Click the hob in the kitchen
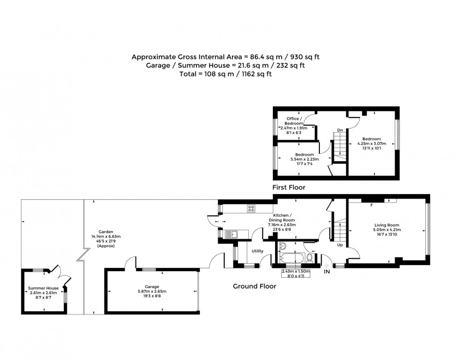pos(251,209)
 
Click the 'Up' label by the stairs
pos(339,245)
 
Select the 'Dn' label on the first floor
pos(339,130)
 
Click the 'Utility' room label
pos(257,251)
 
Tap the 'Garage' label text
pos(151,286)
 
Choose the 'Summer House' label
pos(43,288)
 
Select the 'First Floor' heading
pos(289,188)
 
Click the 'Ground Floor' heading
pos(254,286)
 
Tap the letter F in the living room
pos(371,205)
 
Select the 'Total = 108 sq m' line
pos(225,74)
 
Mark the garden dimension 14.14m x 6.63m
pos(106,236)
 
